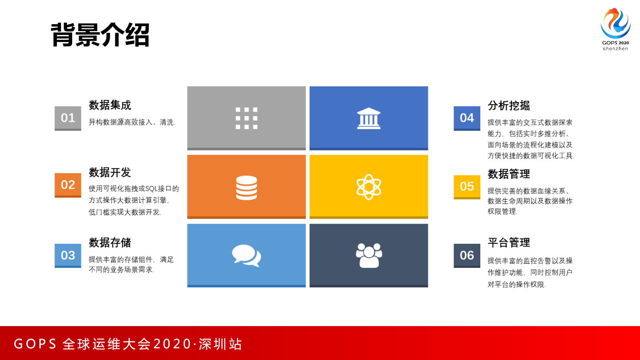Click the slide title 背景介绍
point(100,35)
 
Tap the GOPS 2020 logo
point(615,28)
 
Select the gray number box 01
point(68,118)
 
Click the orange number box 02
point(68,185)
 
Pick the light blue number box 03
point(68,255)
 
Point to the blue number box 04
point(467,118)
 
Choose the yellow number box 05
point(467,186)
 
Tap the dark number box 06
point(467,255)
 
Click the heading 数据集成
point(110,105)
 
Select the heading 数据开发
point(110,173)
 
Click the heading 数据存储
point(110,243)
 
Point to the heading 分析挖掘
point(509,106)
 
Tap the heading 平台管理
point(509,243)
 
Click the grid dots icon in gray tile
point(246,118)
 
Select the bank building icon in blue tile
point(369,118)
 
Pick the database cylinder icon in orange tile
point(246,188)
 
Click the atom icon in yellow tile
point(369,187)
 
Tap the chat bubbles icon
point(246,255)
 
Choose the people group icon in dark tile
point(369,255)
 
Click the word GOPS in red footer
point(35,344)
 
